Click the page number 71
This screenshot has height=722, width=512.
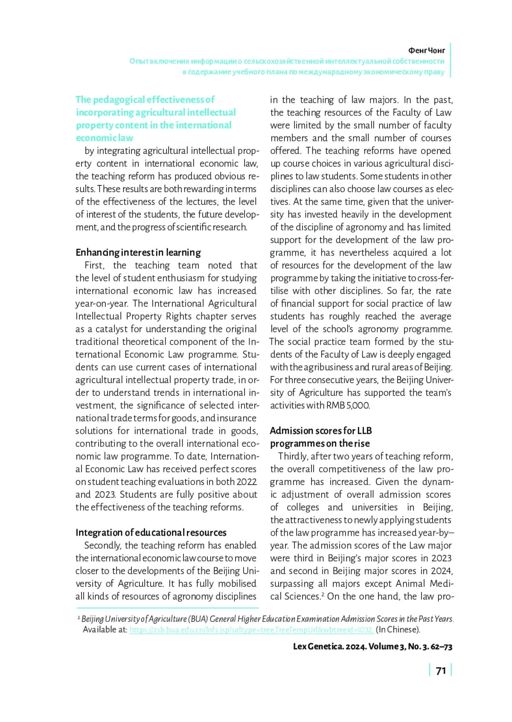(x=441, y=671)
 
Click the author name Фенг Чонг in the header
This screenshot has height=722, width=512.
(x=426, y=50)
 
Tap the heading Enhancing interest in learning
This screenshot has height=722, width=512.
(x=138, y=252)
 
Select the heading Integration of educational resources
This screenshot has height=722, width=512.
(x=151, y=532)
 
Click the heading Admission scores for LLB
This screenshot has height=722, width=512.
(x=321, y=430)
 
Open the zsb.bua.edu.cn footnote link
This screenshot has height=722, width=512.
(x=251, y=630)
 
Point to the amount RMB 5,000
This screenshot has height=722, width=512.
(x=348, y=405)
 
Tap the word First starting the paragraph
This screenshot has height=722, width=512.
(x=94, y=265)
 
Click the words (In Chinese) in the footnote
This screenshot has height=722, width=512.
(x=398, y=630)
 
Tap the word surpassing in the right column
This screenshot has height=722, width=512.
(x=293, y=583)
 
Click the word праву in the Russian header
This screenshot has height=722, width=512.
(x=434, y=72)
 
